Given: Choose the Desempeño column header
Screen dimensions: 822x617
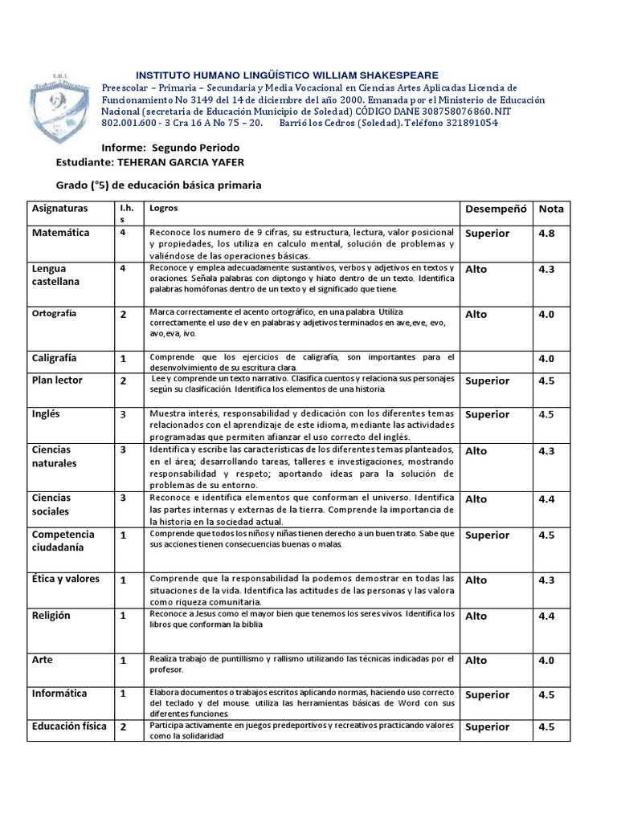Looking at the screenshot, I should [496, 209].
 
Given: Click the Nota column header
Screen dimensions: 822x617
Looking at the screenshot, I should [551, 209].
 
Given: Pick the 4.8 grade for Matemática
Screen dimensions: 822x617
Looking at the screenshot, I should [547, 234].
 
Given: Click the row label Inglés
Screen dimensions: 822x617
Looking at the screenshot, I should [47, 414].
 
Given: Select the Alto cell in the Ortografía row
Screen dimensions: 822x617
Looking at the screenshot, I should [476, 315].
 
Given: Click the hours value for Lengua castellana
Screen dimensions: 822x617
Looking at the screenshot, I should [123, 269].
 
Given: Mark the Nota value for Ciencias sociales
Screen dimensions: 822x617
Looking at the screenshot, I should [547, 499].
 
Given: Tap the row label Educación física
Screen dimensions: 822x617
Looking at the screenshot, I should [69, 726].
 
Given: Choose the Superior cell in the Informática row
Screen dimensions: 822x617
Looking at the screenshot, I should [487, 695].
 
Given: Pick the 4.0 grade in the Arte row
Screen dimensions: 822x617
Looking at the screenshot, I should [547, 661].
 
